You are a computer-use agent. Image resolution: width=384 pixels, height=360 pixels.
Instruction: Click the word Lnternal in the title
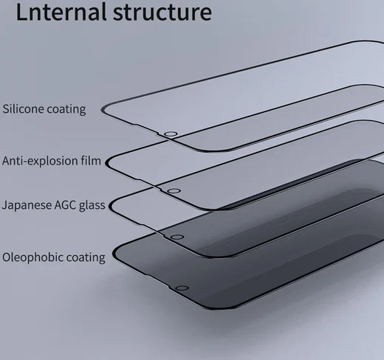[x=61, y=12]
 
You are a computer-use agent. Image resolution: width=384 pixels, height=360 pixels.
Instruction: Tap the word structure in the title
[x=162, y=13]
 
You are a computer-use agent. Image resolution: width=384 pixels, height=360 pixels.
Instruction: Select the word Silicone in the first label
[x=24, y=108]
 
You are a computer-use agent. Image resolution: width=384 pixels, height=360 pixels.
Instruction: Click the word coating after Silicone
[x=66, y=109]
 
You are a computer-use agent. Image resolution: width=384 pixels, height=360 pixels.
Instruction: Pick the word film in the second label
[x=91, y=160]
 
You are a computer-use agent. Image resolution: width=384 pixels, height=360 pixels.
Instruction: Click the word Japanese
[x=27, y=205]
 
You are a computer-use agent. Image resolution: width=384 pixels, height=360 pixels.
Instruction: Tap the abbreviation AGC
[x=65, y=205]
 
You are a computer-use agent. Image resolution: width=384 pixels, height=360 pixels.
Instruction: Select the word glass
[x=92, y=205]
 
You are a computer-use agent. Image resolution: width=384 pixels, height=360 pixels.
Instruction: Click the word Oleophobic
[x=33, y=257]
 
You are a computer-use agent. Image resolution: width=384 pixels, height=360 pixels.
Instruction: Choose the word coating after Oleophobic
[x=86, y=258]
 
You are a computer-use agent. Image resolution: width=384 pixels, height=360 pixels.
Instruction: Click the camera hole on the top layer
[x=171, y=134]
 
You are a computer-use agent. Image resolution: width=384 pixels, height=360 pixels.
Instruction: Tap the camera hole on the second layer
[x=174, y=191]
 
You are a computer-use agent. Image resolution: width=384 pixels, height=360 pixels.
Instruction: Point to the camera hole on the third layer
[x=177, y=238]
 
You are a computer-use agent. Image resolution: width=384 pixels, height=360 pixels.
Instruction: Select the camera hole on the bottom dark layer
[x=182, y=288]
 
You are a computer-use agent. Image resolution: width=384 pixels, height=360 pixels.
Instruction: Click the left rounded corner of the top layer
[x=103, y=111]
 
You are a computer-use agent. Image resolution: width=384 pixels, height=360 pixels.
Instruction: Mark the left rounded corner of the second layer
[x=106, y=163]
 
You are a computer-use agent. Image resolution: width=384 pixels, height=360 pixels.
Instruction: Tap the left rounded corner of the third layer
[x=111, y=206]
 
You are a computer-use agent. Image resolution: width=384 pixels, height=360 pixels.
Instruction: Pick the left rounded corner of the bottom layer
[x=114, y=254]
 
